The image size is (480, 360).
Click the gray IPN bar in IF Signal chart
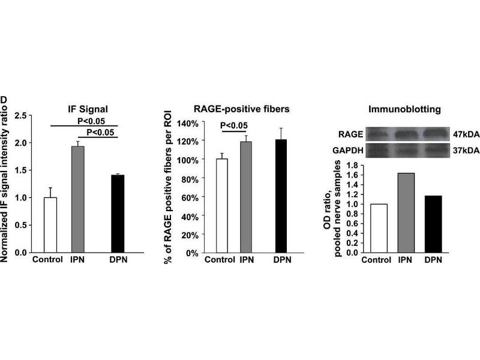coord(78,199)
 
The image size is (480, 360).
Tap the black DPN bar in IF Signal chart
coord(117,214)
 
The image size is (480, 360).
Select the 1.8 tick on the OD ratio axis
coord(354,165)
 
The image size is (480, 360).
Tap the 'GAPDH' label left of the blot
coord(352,149)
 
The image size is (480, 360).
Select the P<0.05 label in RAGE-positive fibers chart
coord(234,125)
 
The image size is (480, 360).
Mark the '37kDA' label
coord(466,150)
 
